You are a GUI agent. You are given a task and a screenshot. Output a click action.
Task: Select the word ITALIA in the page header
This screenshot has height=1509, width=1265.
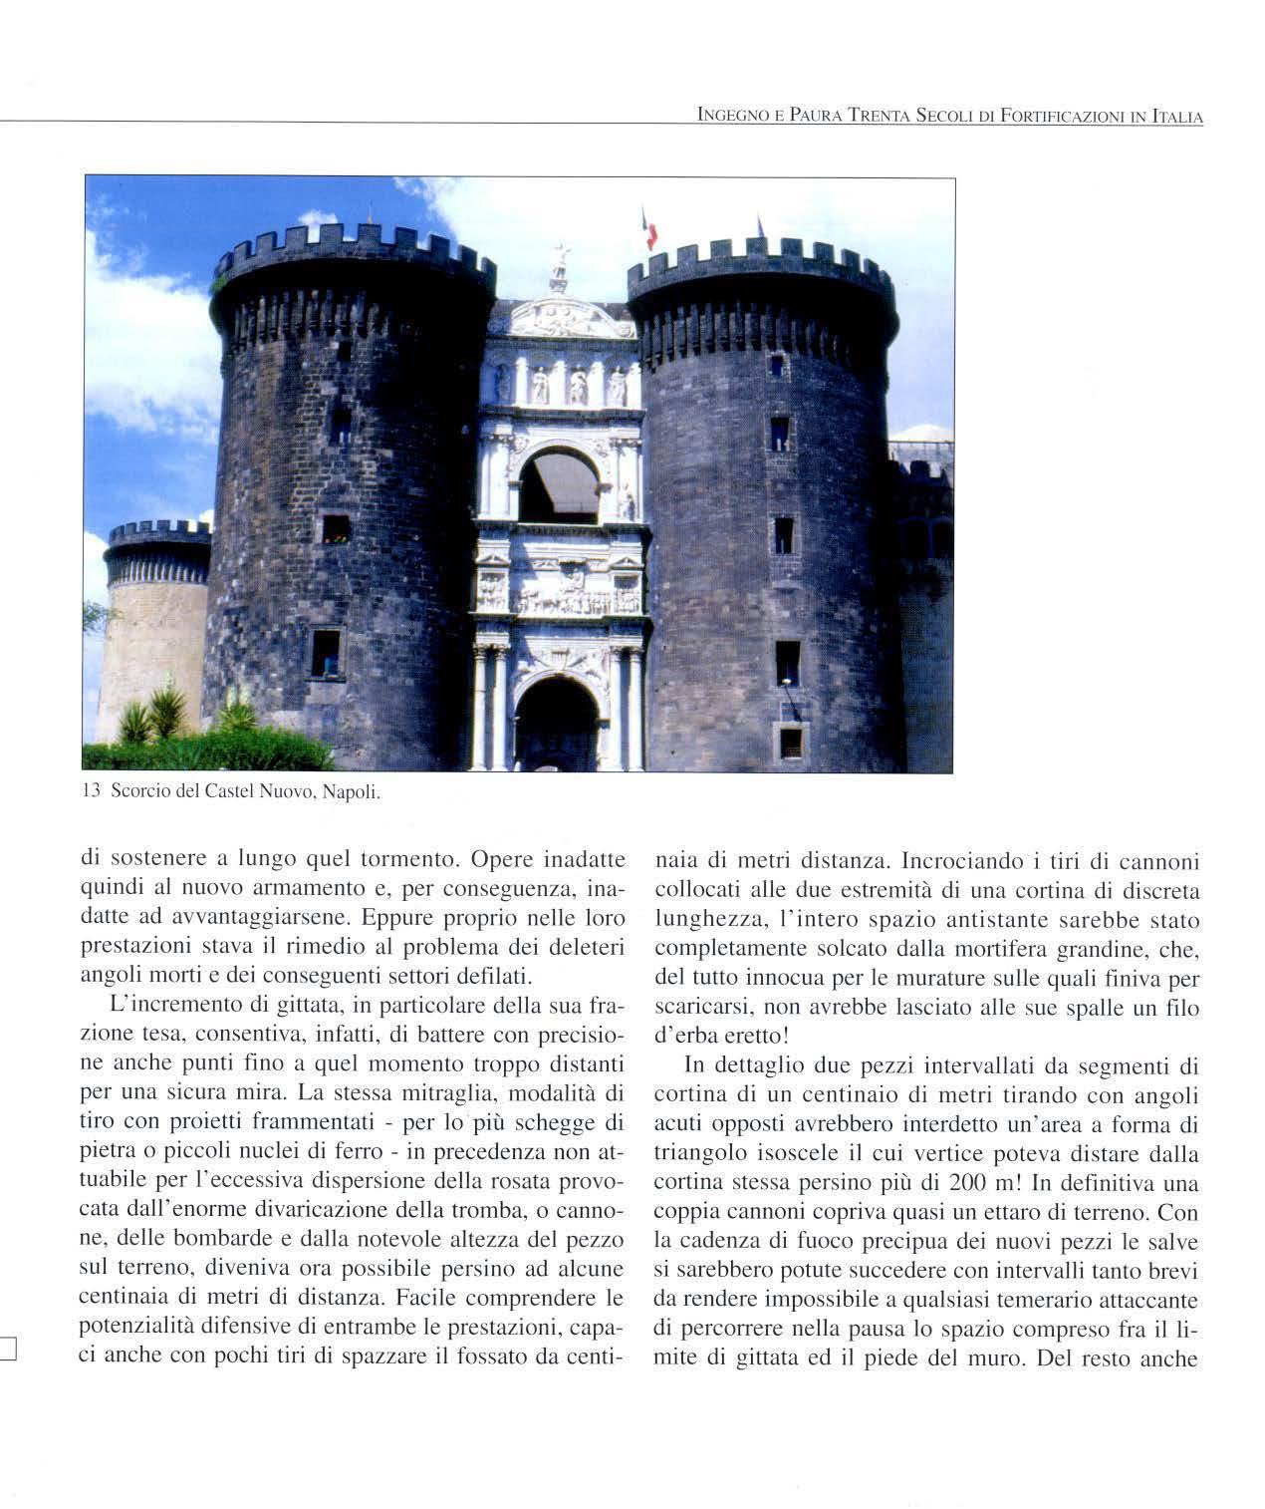pyautogui.click(x=1177, y=118)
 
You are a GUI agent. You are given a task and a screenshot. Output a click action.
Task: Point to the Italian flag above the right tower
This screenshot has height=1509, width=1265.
pyautogui.click(x=649, y=230)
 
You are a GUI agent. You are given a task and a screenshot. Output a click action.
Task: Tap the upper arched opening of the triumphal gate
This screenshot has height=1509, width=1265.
pyautogui.click(x=559, y=485)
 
